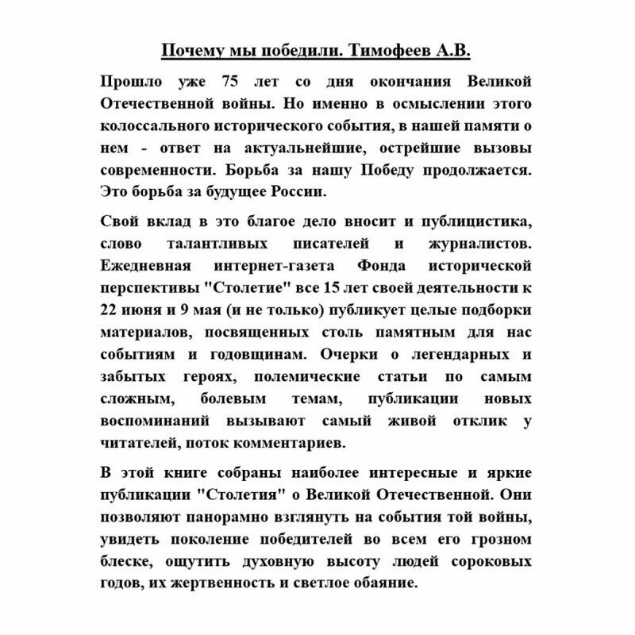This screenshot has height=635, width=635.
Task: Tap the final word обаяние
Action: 375,583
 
